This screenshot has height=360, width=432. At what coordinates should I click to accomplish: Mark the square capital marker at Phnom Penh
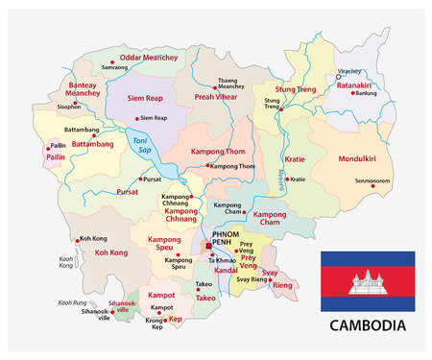(206, 247)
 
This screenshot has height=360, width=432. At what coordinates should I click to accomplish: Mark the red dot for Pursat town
(139, 180)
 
